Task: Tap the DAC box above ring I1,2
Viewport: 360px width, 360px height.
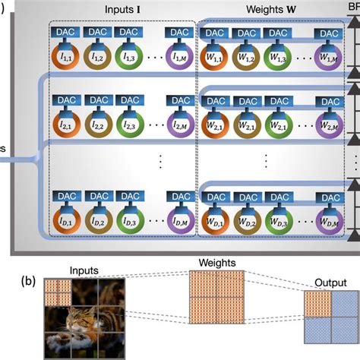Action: coord(98,33)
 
